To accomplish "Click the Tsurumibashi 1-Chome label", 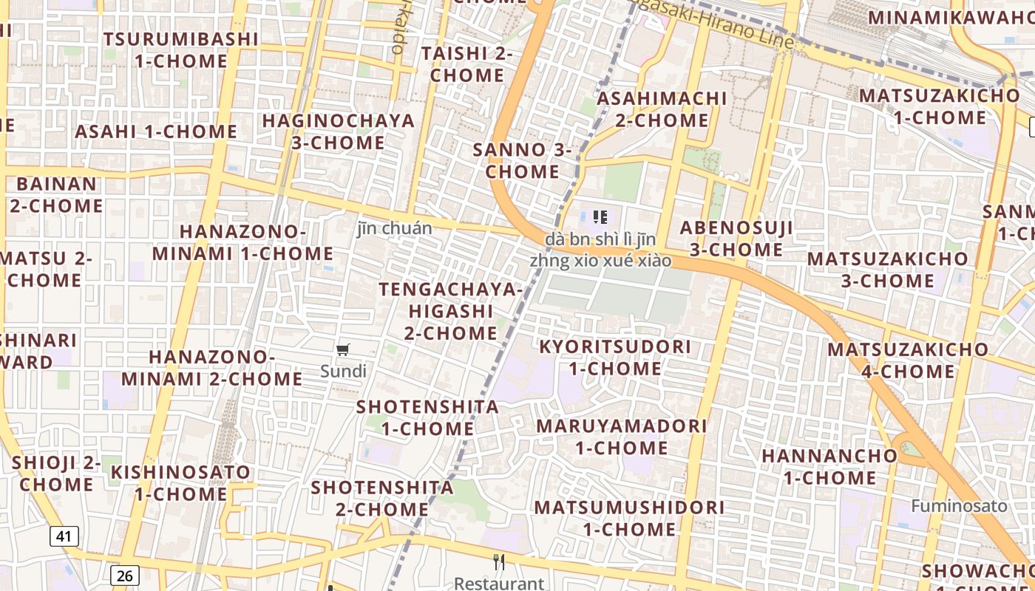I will (x=181, y=49).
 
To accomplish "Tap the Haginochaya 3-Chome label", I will (x=338, y=131).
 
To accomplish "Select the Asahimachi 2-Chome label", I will (x=662, y=109).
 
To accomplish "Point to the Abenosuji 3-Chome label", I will (x=736, y=239).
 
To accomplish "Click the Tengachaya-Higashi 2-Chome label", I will (x=450, y=310).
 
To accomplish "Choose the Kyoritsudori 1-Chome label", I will (x=615, y=358).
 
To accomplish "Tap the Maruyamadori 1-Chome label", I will (x=621, y=437).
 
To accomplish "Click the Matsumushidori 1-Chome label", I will (x=629, y=518).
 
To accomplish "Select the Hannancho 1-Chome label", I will (x=829, y=466).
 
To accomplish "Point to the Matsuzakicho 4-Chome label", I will (x=907, y=360).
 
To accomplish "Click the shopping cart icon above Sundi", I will (x=342, y=349).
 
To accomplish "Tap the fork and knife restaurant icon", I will (x=500, y=562).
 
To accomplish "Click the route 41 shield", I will (x=64, y=536).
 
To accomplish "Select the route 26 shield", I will (x=125, y=575).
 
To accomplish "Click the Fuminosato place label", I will (x=959, y=506).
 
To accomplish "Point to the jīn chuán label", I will (x=394, y=228).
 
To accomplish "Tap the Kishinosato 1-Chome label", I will (x=181, y=482).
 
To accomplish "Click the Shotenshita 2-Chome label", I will (x=381, y=498).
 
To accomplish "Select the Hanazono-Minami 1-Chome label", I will (x=242, y=242).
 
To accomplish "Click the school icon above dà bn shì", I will (x=600, y=216).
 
